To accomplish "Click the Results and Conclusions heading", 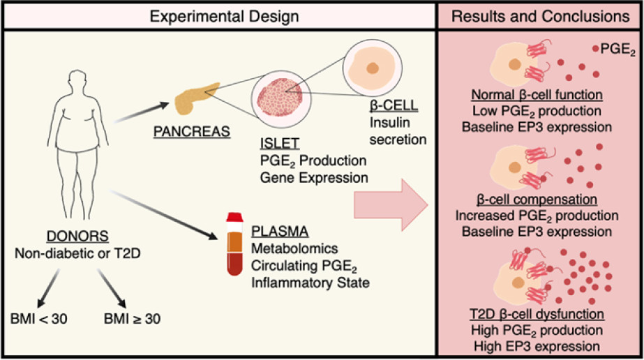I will (539, 16).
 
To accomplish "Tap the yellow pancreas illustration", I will (193, 98).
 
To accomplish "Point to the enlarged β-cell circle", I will (373, 68).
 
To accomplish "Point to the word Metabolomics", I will (287, 247).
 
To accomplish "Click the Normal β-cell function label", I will (537, 94).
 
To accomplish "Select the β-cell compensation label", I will (537, 200).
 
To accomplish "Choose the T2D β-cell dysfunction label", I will (537, 313).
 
